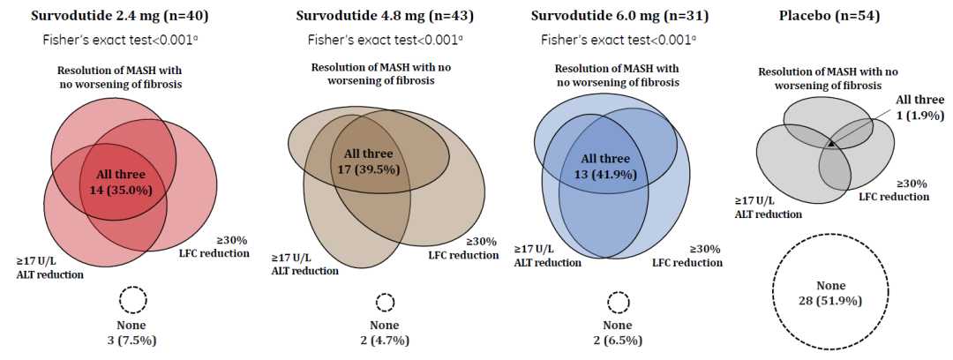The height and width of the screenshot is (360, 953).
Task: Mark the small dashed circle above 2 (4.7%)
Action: (385, 303)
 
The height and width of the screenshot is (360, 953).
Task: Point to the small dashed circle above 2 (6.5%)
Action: (617, 303)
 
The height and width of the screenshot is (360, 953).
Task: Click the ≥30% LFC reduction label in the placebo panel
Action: (893, 190)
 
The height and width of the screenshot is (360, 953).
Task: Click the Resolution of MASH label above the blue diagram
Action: (617, 76)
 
